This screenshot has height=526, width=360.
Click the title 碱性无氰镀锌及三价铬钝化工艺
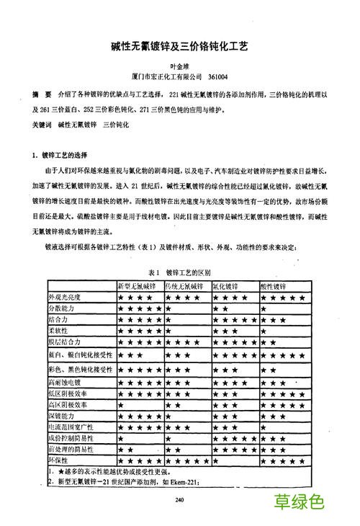tap(179, 45)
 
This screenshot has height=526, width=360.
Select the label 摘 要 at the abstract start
tap(41, 94)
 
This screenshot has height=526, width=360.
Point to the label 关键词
tap(42, 125)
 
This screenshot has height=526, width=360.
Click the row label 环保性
tap(58, 459)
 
